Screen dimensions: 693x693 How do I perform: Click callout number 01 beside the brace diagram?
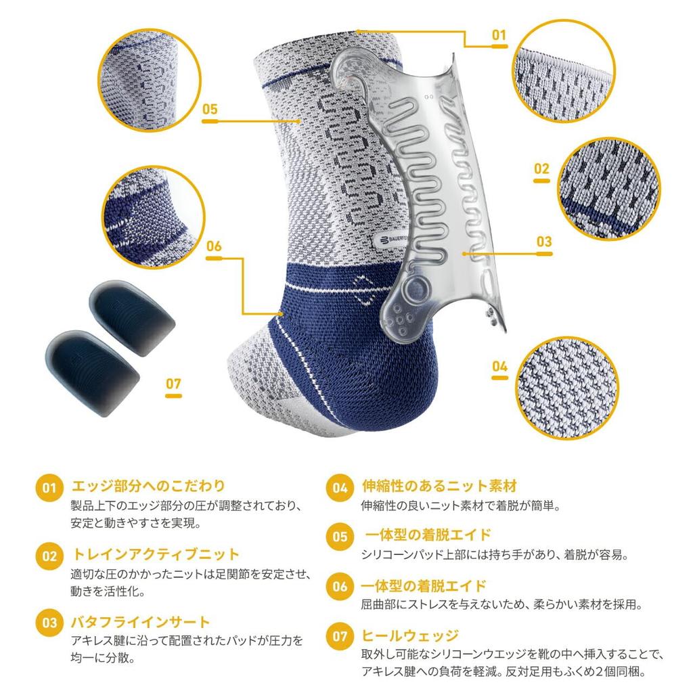[499, 35]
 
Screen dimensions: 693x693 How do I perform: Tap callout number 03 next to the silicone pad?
[543, 242]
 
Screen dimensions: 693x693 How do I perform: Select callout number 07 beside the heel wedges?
[173, 384]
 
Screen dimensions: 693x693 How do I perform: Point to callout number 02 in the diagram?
[541, 169]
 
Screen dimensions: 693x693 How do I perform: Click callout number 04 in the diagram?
[499, 367]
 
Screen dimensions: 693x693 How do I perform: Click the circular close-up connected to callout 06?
[154, 218]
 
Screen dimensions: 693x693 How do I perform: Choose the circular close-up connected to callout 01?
[564, 70]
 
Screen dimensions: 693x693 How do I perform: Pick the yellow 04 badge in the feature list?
[340, 488]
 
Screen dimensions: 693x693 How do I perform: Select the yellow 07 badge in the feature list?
[340, 637]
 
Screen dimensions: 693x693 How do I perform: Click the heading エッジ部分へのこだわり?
[148, 486]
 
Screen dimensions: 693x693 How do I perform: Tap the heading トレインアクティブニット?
[156, 555]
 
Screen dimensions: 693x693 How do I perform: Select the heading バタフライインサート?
[141, 622]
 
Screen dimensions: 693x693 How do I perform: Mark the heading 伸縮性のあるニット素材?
[439, 486]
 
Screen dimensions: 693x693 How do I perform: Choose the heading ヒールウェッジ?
[410, 635]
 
